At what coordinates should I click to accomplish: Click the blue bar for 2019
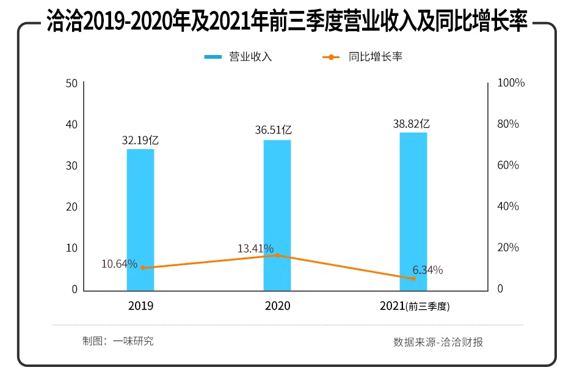[140, 220]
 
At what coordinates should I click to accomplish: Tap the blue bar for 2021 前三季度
[413, 211]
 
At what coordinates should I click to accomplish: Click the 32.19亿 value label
[140, 140]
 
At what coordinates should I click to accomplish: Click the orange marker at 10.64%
[143, 267]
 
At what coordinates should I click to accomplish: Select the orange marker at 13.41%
[277, 255]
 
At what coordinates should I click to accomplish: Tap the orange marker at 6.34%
[413, 278]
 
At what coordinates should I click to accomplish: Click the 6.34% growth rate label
[427, 270]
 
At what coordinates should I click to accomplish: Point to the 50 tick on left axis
[71, 83]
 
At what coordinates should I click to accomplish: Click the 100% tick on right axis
[511, 83]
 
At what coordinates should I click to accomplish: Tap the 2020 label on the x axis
[277, 306]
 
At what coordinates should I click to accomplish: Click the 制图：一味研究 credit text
[118, 341]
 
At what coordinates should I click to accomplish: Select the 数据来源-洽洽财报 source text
[438, 342]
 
